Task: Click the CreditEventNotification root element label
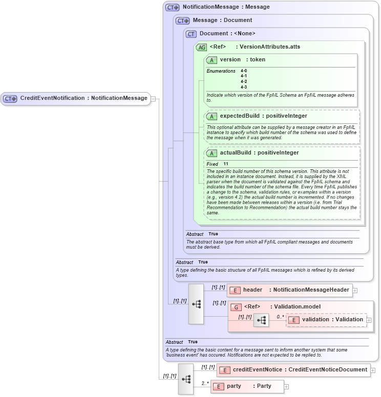(x=83, y=98)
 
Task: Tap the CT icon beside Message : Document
(x=183, y=20)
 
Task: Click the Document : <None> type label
(x=227, y=34)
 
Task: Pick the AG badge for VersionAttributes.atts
(x=202, y=47)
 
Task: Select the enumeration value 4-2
(x=244, y=81)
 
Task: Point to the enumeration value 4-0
(x=244, y=71)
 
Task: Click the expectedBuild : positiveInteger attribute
(x=263, y=116)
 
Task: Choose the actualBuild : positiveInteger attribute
(x=259, y=153)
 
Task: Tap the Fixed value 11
(x=226, y=164)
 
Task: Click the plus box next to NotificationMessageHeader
(x=355, y=290)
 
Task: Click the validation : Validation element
(x=332, y=320)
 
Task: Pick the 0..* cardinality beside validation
(x=280, y=317)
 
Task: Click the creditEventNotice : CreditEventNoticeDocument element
(x=300, y=369)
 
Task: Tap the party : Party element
(x=249, y=386)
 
